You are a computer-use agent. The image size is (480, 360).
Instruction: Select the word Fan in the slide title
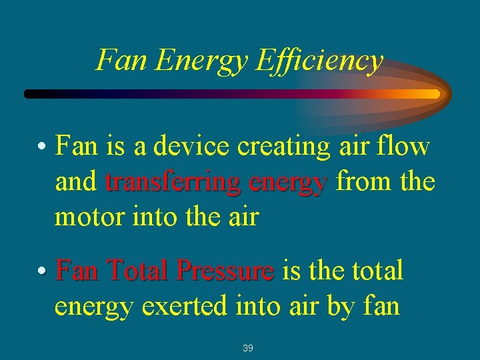pos(121,61)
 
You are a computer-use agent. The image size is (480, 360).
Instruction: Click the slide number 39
pos(248,348)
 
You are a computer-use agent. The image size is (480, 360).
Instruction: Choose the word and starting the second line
pos(76,181)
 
